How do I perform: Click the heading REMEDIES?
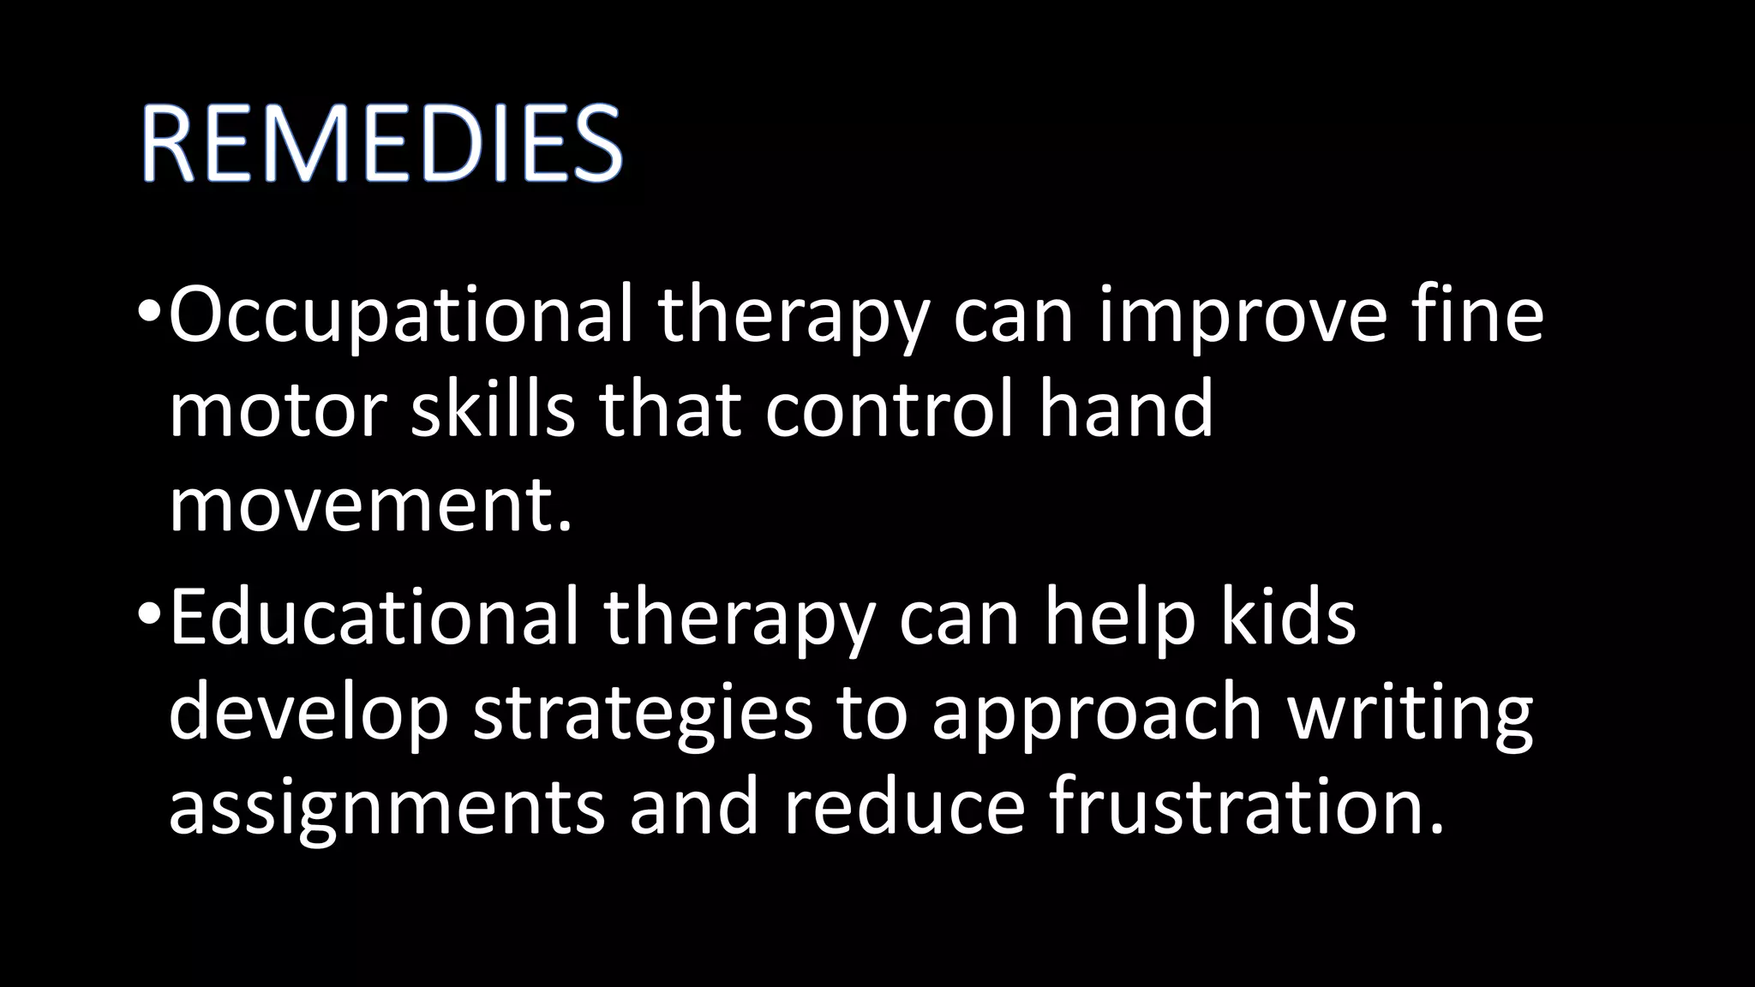pyautogui.click(x=381, y=143)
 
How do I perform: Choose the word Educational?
pyautogui.click(x=374, y=618)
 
